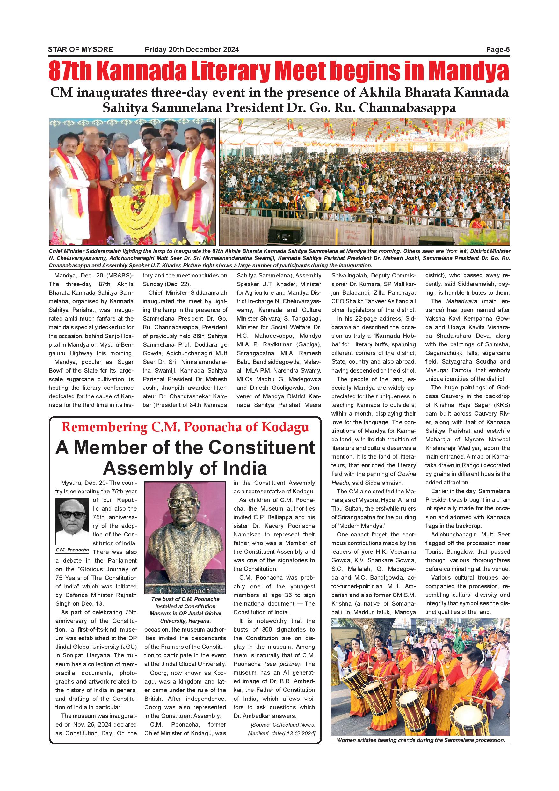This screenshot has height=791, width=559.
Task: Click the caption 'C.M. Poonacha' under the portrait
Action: pos(72,550)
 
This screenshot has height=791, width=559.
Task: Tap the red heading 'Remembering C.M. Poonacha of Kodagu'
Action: pos(185,427)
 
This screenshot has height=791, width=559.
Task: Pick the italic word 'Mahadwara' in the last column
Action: pos(460,301)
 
